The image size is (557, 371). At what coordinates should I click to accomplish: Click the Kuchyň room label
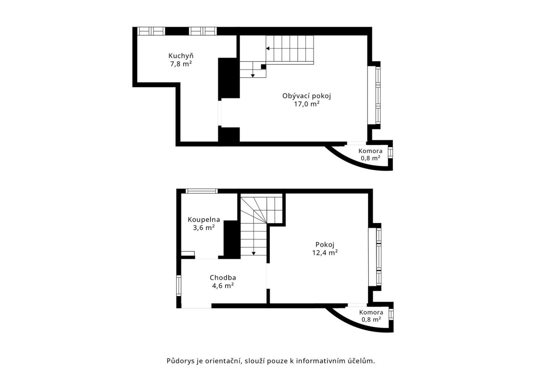[x=181, y=56]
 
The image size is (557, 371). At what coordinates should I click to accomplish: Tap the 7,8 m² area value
[x=181, y=64]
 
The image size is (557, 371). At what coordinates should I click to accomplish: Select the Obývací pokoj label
[x=307, y=96]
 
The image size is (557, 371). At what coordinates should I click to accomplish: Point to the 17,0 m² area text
[x=307, y=104]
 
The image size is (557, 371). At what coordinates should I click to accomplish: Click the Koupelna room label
[x=204, y=220]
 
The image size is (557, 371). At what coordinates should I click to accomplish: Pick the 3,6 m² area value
[x=204, y=228]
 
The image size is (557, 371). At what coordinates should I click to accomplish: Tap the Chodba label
[x=223, y=278]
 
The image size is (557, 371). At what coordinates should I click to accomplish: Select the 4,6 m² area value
[x=223, y=286]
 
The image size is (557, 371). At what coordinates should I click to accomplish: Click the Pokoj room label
[x=325, y=245]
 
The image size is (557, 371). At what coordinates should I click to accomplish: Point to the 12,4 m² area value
[x=325, y=253]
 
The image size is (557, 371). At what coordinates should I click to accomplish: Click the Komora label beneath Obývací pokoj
[x=371, y=151]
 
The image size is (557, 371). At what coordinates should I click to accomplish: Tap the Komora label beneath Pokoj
[x=371, y=312]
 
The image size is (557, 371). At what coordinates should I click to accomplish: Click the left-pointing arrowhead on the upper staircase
[x=268, y=48]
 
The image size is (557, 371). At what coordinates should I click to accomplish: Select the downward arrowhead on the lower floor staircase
[x=254, y=254]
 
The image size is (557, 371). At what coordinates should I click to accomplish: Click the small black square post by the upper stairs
[x=263, y=67]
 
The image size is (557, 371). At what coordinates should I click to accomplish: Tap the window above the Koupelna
[x=202, y=191]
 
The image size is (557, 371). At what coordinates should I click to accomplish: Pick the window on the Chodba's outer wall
[x=179, y=285]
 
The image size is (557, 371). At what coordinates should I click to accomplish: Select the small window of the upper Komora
[x=390, y=152]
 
